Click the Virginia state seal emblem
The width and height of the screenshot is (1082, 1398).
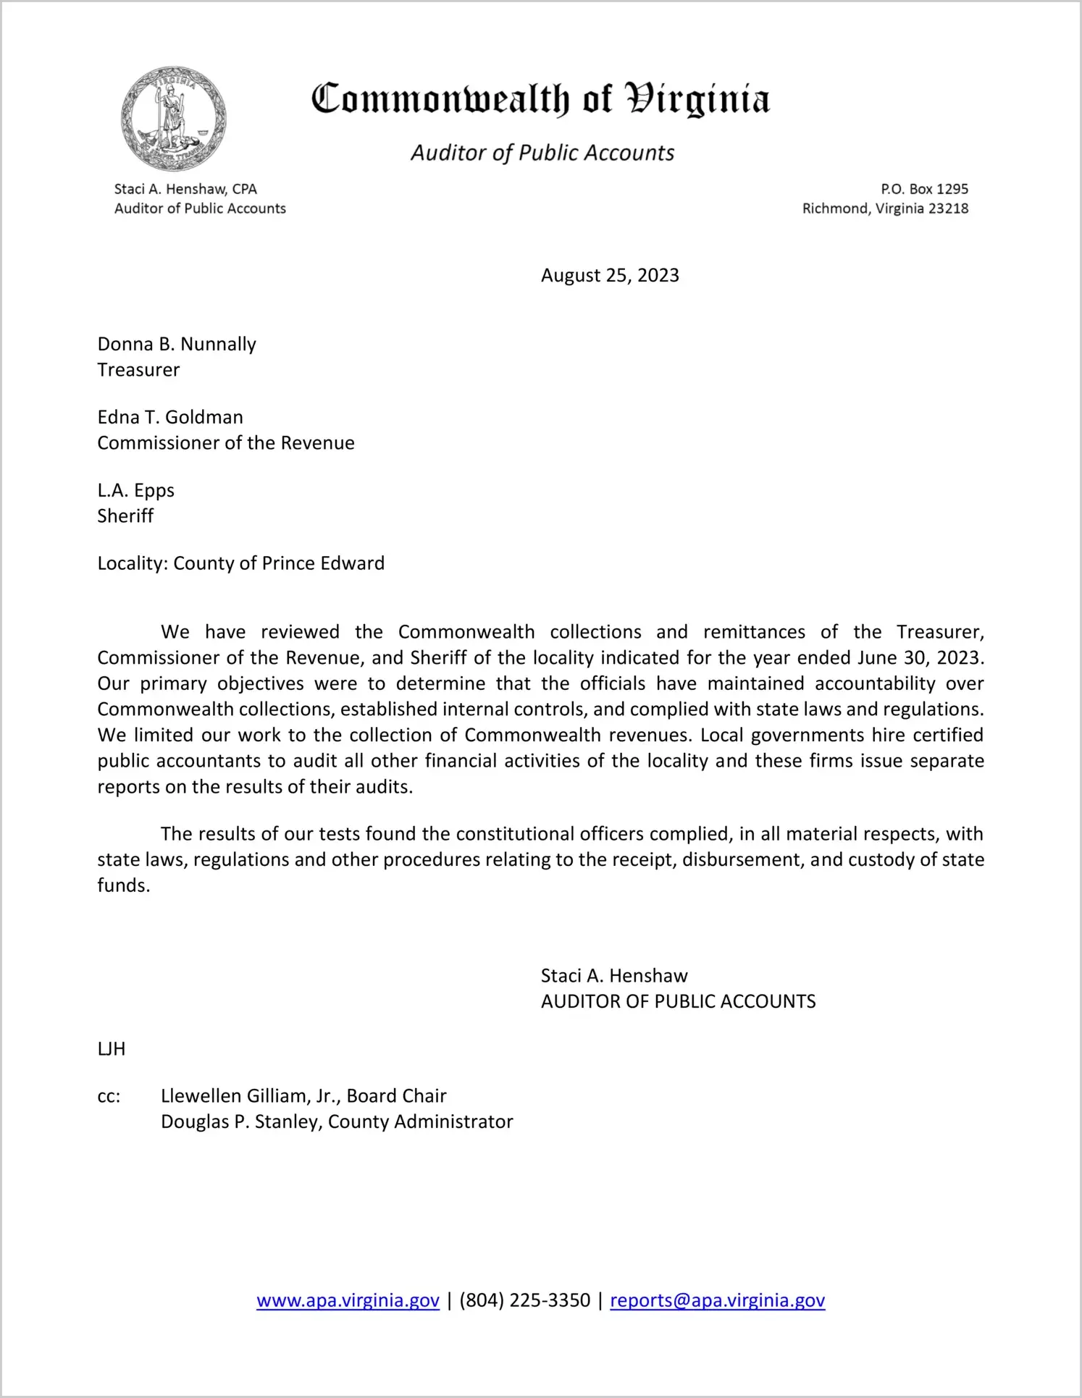[x=173, y=119]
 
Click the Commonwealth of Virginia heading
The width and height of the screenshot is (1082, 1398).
[x=540, y=99]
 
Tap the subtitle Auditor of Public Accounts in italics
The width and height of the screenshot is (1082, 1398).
[x=542, y=153]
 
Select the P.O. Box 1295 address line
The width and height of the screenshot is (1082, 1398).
[x=924, y=189]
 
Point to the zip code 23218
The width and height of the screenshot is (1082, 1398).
[x=948, y=209]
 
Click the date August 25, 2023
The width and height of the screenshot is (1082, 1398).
[x=610, y=276]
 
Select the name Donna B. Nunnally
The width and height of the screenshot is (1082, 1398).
[x=177, y=344]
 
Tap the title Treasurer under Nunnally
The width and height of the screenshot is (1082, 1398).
[x=138, y=370]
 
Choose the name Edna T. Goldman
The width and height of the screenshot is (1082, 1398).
[x=170, y=417]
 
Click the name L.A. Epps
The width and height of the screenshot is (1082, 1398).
[x=136, y=490]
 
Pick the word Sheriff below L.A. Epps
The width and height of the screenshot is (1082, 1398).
[x=125, y=516]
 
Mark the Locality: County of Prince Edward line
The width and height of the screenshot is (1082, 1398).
[x=240, y=563]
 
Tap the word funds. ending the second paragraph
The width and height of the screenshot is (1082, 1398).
[x=123, y=885]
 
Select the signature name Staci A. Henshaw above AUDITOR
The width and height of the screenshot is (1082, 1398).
[x=614, y=976]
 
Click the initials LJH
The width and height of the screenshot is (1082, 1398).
[x=112, y=1049]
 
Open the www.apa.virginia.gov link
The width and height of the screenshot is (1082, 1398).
[x=348, y=1300]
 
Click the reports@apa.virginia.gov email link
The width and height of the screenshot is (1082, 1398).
[x=717, y=1300]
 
